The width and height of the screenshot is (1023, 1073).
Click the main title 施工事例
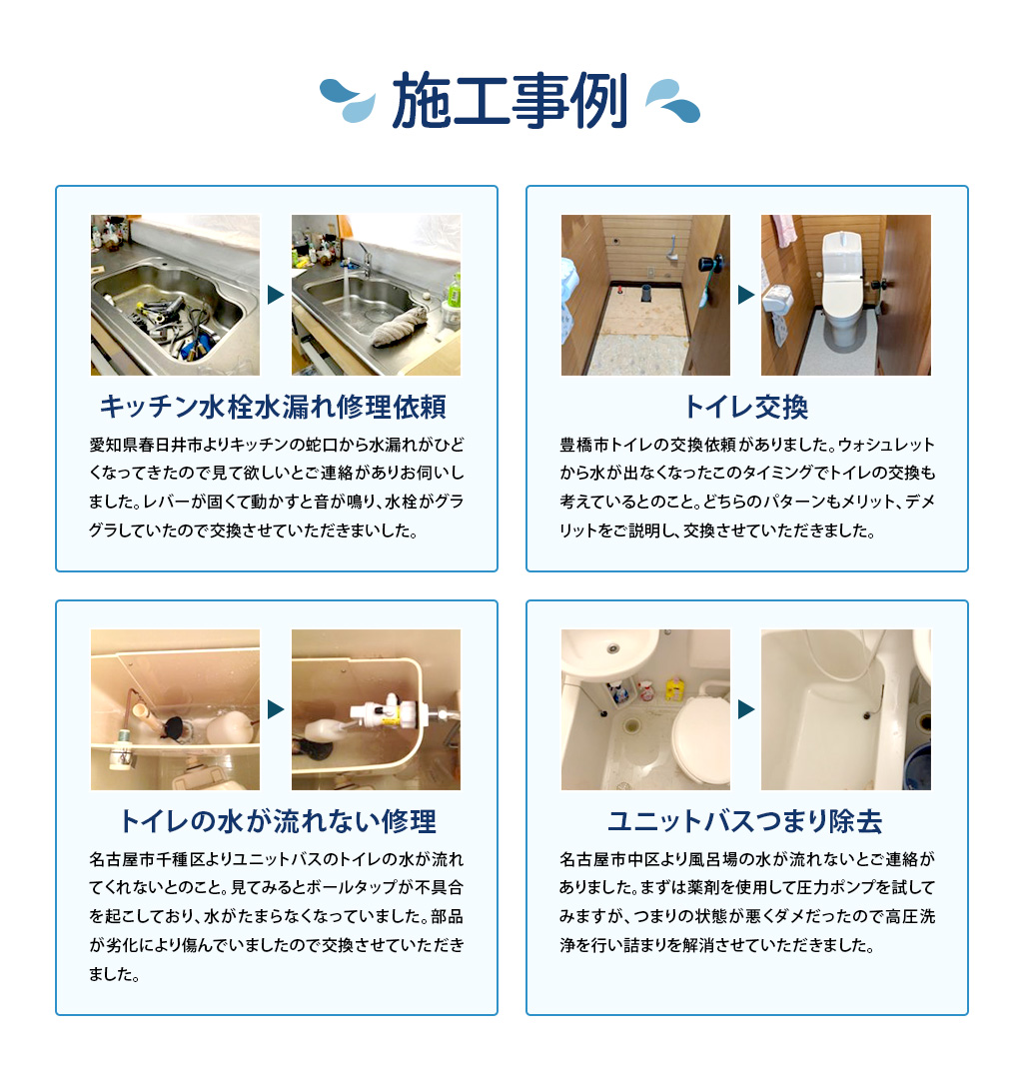click(x=510, y=101)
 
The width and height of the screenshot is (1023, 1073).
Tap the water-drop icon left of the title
click(x=348, y=101)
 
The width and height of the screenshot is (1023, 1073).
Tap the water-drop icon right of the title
click(x=673, y=101)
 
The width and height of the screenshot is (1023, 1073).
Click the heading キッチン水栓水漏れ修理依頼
click(x=273, y=408)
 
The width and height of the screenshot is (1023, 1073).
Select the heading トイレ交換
click(x=746, y=408)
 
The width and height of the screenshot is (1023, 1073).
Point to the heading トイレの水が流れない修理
click(x=277, y=821)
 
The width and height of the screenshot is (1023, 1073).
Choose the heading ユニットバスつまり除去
click(x=744, y=821)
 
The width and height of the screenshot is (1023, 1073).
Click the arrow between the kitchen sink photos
click(x=275, y=295)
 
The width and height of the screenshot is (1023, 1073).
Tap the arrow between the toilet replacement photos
click(x=746, y=295)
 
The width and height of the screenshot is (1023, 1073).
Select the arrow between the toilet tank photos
click(x=275, y=709)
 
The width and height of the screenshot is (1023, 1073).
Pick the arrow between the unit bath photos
click(x=746, y=709)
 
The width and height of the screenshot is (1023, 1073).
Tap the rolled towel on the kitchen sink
click(x=399, y=326)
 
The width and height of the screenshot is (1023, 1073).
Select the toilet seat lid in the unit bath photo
click(x=700, y=738)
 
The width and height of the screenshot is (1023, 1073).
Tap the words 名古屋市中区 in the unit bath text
click(x=600, y=859)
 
